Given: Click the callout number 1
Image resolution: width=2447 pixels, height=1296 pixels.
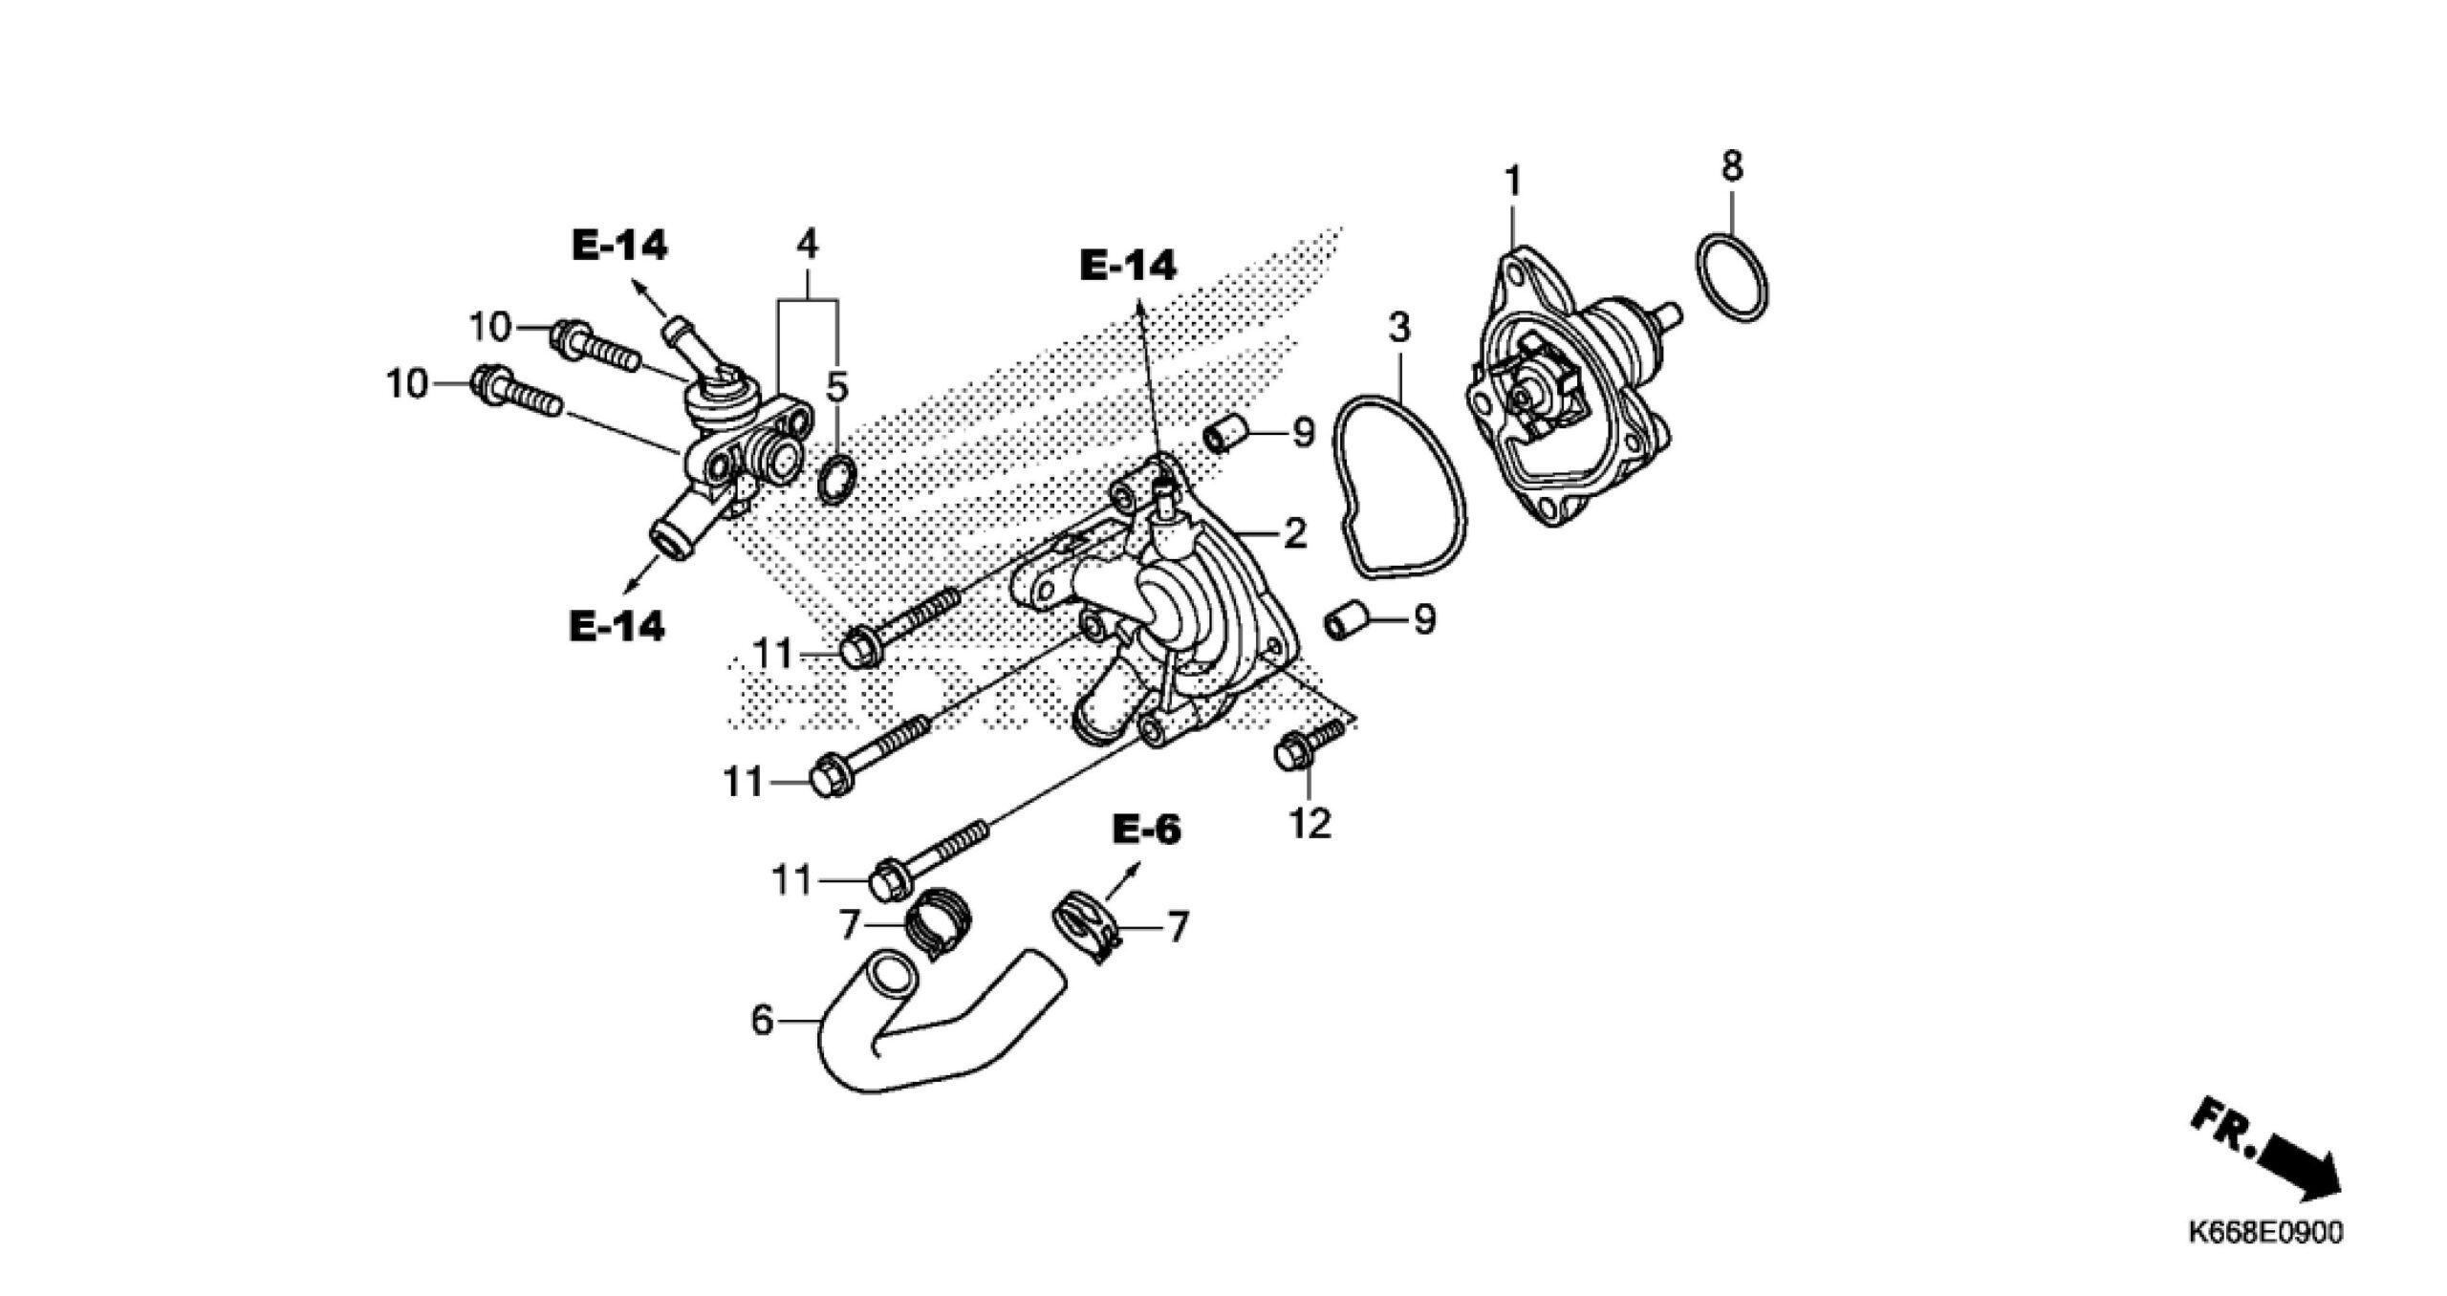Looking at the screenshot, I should point(1512,180).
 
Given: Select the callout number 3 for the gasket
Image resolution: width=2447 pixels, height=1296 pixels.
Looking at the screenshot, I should point(1398,328).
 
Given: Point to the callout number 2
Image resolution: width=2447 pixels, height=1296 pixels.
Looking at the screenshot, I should point(1295,532).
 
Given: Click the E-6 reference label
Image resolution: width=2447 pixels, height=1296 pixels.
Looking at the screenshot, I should point(1147,830).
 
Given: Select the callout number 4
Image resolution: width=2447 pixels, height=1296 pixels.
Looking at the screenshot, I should point(808,245).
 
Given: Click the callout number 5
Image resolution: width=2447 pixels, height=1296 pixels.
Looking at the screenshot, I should point(836,387).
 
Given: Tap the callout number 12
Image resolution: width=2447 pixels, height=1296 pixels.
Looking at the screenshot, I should point(1310,822).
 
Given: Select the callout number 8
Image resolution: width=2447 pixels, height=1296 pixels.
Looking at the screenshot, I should point(1732,166).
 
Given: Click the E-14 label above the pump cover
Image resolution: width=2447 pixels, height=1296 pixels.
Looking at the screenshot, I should point(1128,266).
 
